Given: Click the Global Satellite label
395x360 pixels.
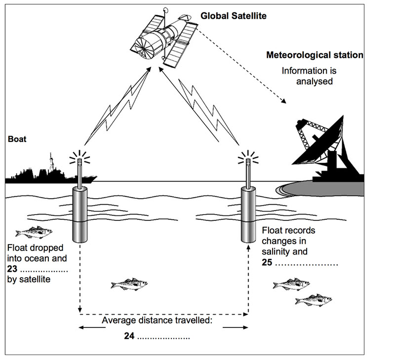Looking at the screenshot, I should pyautogui.click(x=233, y=16).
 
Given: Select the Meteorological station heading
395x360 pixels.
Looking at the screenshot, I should pyautogui.click(x=315, y=55).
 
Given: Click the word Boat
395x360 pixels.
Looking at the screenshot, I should pyautogui.click(x=17, y=140).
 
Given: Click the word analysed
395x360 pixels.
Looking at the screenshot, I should pyautogui.click(x=316, y=81).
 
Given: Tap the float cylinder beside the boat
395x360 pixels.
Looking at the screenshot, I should pyautogui.click(x=79, y=215).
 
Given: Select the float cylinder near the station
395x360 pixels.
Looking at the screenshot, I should pyautogui.click(x=248, y=215).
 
